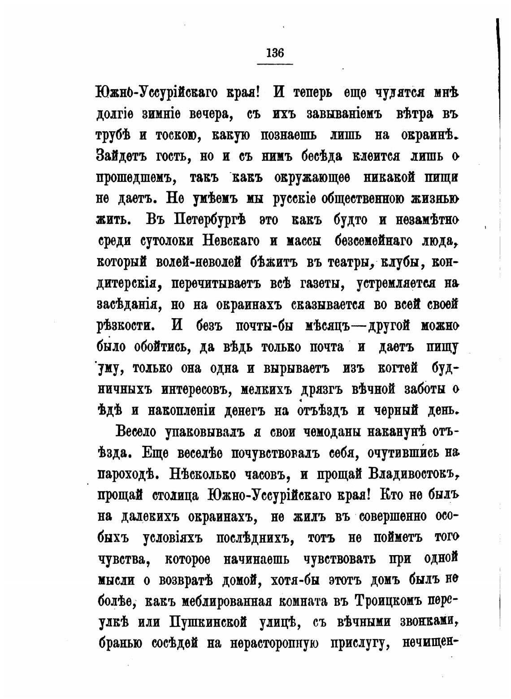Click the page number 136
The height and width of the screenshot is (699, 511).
(x=275, y=53)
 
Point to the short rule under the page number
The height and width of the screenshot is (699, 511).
(x=275, y=64)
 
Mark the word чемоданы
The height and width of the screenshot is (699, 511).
(x=331, y=432)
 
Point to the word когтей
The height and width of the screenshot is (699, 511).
(x=398, y=368)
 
